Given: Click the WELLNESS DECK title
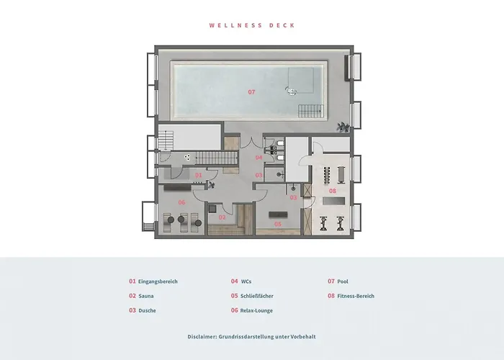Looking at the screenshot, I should (252, 25).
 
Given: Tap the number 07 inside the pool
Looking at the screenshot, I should (251, 92).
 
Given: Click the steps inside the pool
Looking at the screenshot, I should (311, 110).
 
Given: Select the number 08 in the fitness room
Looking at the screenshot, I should (333, 191).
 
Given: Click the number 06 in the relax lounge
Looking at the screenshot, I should (182, 202).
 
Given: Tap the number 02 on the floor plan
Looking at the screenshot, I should (222, 217).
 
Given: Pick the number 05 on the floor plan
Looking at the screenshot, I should (277, 223).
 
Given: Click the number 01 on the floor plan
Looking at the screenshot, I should (199, 175).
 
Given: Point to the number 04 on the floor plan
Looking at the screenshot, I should (259, 157).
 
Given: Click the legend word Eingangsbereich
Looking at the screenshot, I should (158, 282).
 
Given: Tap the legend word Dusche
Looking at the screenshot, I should (147, 310).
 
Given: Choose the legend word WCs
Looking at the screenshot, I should (247, 282).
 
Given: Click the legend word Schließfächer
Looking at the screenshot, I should (257, 296).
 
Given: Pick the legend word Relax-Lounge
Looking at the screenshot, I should (257, 310).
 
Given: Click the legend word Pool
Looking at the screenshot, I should (343, 282).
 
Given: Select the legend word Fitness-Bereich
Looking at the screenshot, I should (356, 296).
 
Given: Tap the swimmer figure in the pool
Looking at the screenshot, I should (292, 90).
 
